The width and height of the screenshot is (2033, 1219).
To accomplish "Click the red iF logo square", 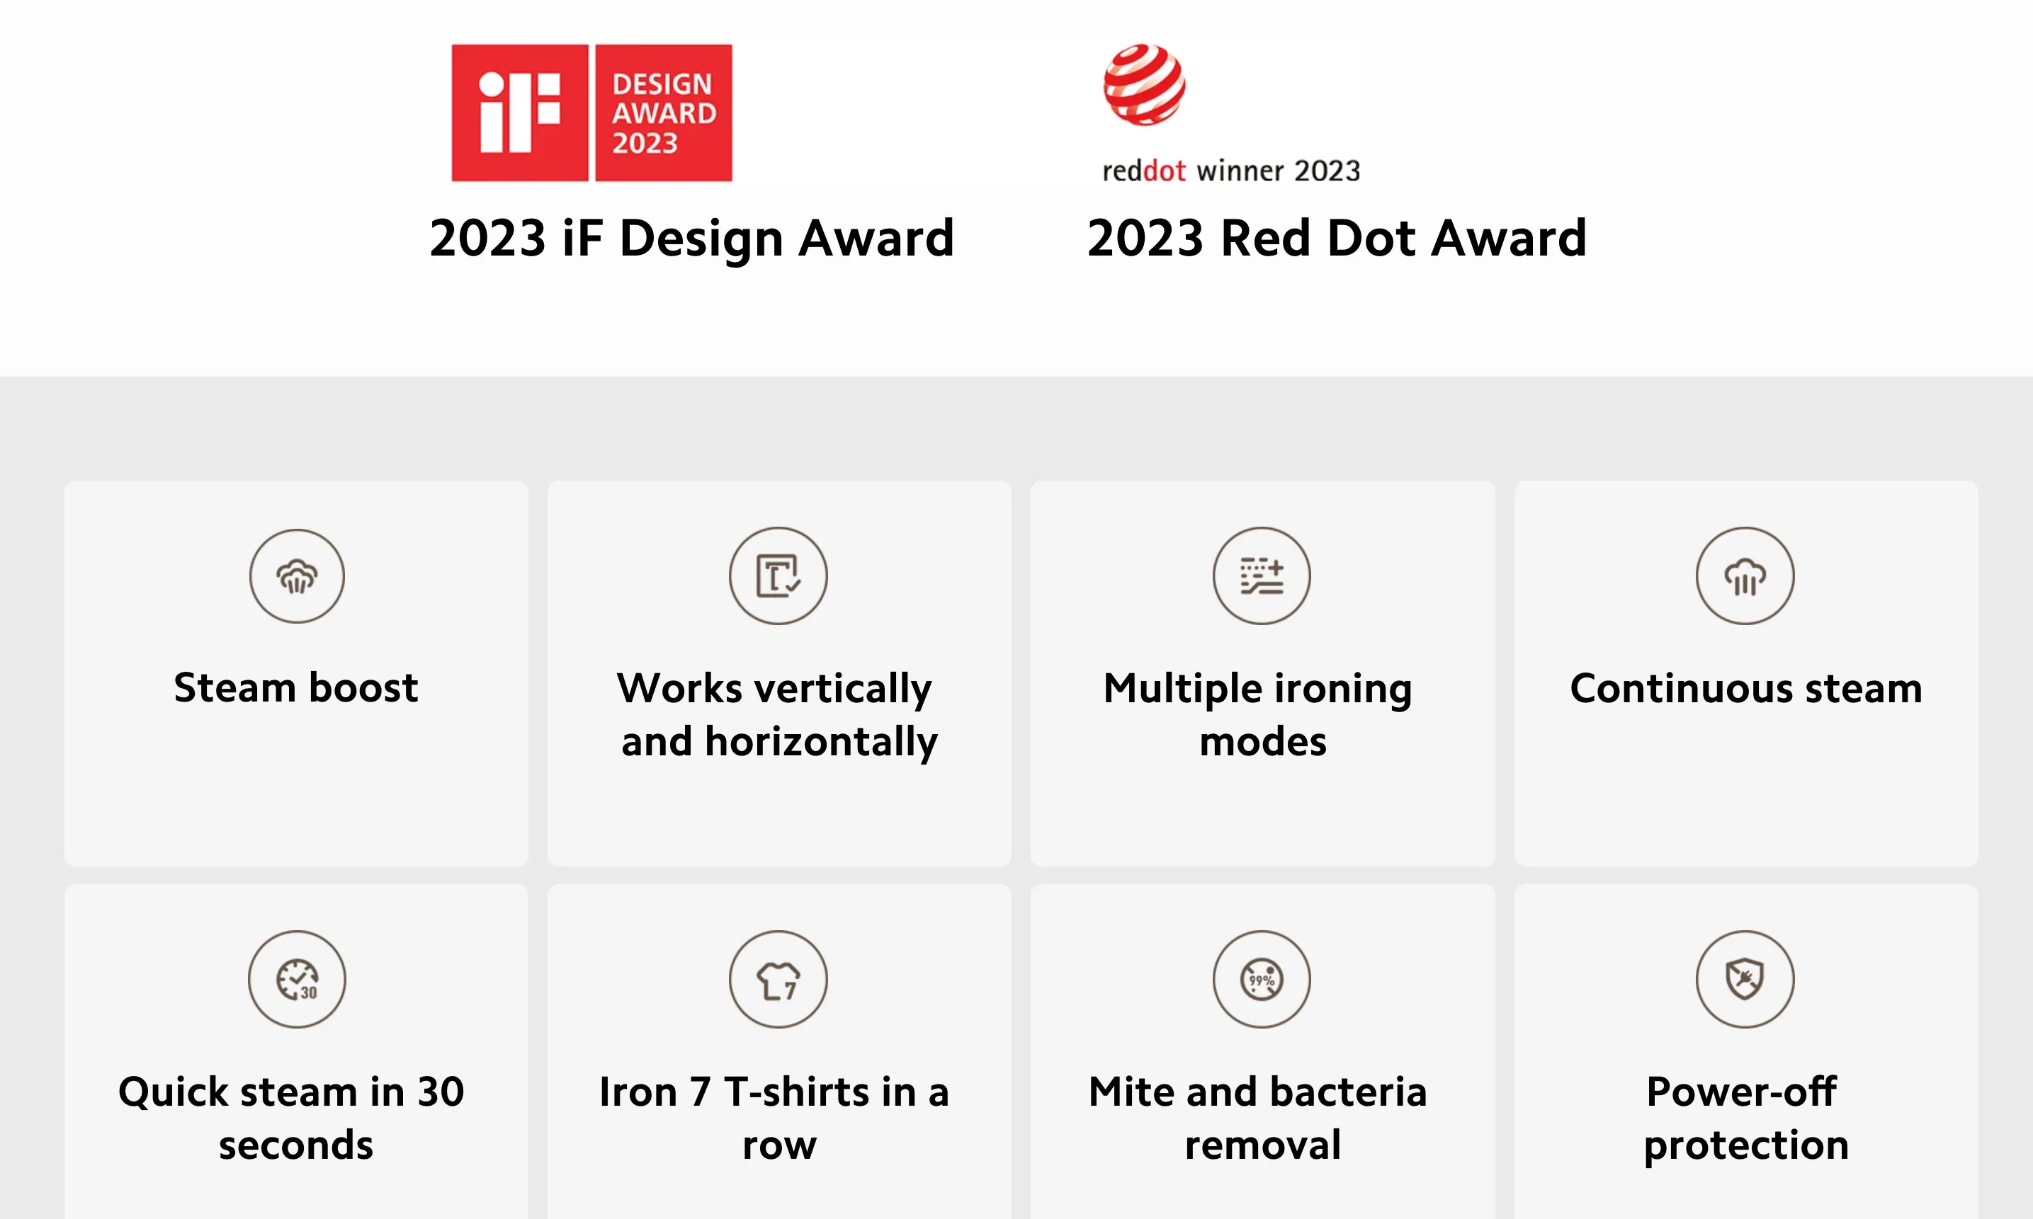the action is coord(519,113).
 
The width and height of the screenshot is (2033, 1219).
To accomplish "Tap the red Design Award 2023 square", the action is coord(663,113).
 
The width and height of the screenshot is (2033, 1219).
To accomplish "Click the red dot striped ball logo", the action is coord(1144,85).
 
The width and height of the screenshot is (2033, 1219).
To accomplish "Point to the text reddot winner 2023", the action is coord(1231,170).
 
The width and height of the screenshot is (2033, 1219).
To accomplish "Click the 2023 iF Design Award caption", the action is coord(692,239).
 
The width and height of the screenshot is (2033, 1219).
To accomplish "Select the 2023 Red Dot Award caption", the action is coord(1337,239).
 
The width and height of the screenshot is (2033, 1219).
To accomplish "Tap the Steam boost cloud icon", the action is coord(297,576).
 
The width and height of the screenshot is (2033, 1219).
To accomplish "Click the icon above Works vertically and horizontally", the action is coord(778,576).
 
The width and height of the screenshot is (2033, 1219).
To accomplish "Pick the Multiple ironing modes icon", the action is coord(1262,576).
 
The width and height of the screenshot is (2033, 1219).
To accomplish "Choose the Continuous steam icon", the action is coord(1745,576).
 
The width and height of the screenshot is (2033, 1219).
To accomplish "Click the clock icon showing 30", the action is coord(297,979).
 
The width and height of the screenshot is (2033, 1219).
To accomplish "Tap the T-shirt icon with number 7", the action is coord(778,979).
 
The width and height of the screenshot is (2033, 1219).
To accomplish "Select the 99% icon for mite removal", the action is coord(1262,979).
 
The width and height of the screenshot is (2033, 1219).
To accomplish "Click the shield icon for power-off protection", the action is coord(1745,979).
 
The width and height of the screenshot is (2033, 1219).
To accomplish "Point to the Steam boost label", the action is coord(296,687).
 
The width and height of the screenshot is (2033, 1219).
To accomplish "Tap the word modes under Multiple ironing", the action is coord(1263,742).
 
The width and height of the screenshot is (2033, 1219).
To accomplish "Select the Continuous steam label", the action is coord(1746,688).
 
